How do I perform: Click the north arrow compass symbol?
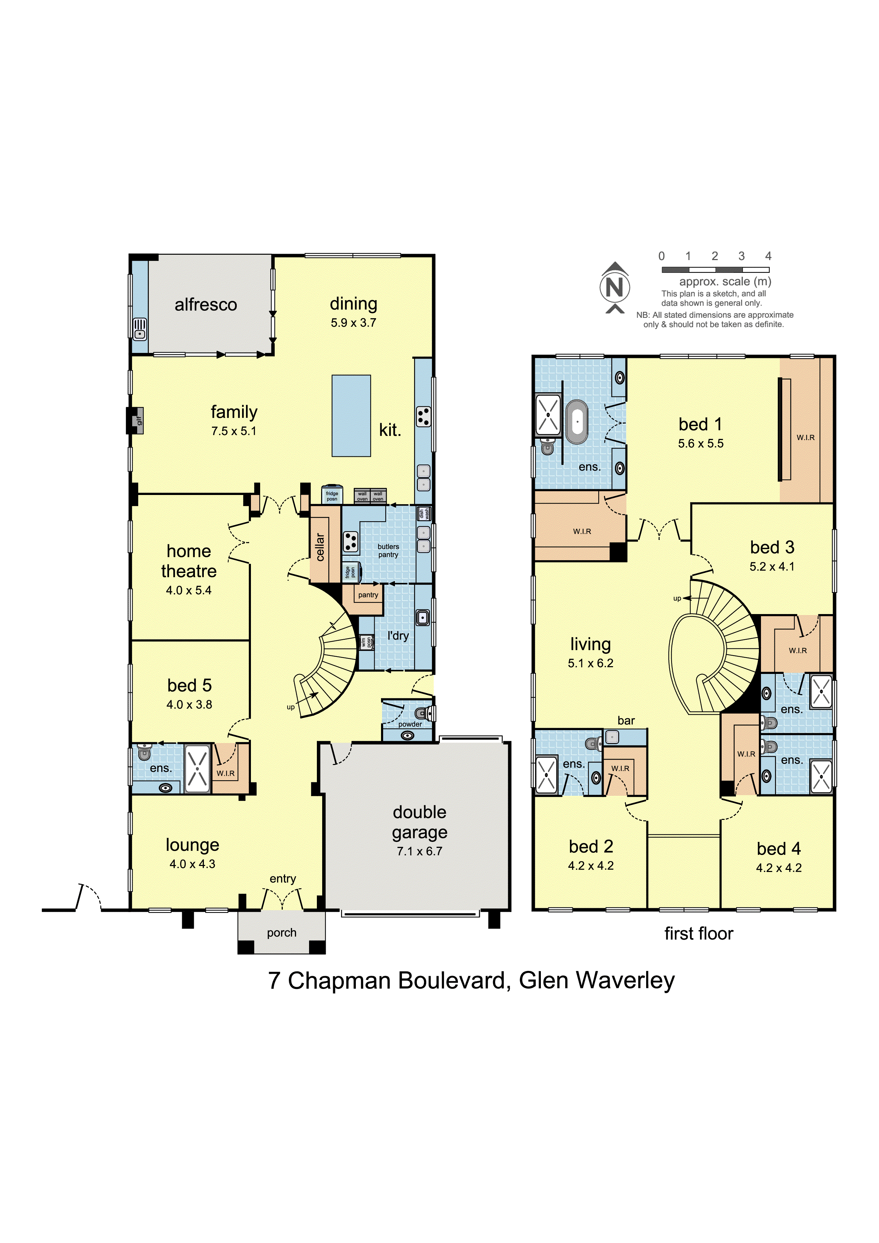614,287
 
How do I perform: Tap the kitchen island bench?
351,415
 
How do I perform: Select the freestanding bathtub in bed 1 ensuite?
577,422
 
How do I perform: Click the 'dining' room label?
353,304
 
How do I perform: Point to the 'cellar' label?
320,547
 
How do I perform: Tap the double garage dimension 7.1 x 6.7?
419,851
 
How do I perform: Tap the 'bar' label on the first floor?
626,721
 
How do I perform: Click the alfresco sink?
140,328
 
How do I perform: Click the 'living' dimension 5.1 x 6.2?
590,663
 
